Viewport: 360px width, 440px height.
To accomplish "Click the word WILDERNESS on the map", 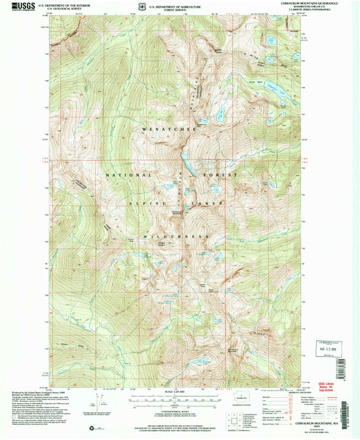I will [179, 237].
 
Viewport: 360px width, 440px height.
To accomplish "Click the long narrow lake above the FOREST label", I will [184, 161].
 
